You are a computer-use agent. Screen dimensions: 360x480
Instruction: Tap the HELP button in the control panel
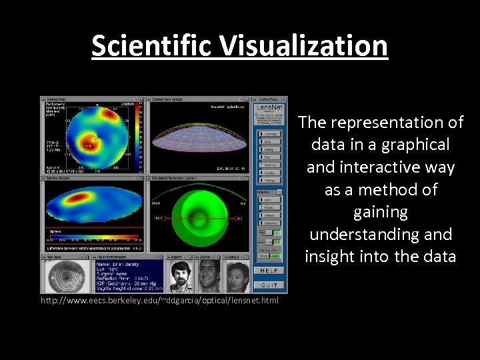click(269, 270)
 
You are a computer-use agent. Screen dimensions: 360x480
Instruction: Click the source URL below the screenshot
click(160, 301)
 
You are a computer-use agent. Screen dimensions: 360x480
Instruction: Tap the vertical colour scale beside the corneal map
click(139, 137)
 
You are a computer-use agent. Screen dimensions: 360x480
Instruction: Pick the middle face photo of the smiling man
click(208, 276)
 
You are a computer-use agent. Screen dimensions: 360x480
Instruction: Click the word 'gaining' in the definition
click(380, 212)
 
